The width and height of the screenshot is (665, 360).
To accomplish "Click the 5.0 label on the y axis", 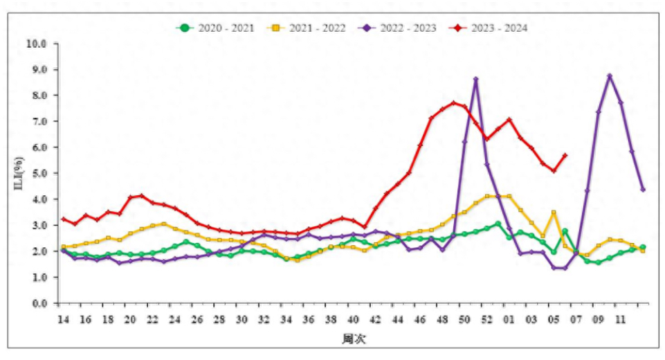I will (x=42, y=173).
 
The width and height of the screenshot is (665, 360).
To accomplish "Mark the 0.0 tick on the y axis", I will (x=42, y=303).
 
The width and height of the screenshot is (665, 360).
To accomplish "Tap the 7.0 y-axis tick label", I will (x=42, y=121).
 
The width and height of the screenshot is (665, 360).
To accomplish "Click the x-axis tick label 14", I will (x=63, y=320).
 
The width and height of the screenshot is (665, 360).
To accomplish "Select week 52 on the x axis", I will (x=486, y=320).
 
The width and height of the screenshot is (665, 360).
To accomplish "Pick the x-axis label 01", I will (x=509, y=320).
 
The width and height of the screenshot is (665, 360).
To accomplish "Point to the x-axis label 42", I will (x=375, y=320).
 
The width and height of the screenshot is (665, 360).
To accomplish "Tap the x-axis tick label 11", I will (x=621, y=320).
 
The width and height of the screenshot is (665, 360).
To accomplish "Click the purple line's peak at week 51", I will (x=475, y=79).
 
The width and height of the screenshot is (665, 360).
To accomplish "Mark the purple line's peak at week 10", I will (x=610, y=75).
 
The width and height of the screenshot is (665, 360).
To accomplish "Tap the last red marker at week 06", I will (x=565, y=155).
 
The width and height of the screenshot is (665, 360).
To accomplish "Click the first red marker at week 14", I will (x=63, y=219).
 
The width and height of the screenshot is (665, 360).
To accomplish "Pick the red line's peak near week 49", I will (x=453, y=102).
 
